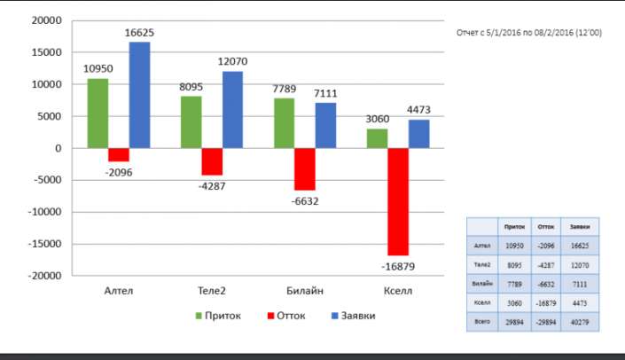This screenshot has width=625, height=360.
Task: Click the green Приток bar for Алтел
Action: (x=98, y=113)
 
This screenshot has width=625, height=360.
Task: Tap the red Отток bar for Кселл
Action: (x=398, y=201)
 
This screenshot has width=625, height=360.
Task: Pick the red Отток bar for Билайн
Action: (x=305, y=169)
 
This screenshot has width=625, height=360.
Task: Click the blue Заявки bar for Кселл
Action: (x=419, y=134)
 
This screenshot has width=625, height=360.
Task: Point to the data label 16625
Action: (x=139, y=33)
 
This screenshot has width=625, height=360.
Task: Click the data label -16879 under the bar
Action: (x=398, y=266)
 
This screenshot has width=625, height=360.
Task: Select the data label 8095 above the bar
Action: (x=191, y=88)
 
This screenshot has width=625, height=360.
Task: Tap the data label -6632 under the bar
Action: (x=304, y=201)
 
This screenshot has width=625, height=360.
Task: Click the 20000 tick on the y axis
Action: (x=44, y=20)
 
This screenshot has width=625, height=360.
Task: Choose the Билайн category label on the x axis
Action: (x=304, y=290)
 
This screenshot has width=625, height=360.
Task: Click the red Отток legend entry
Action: (x=290, y=316)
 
